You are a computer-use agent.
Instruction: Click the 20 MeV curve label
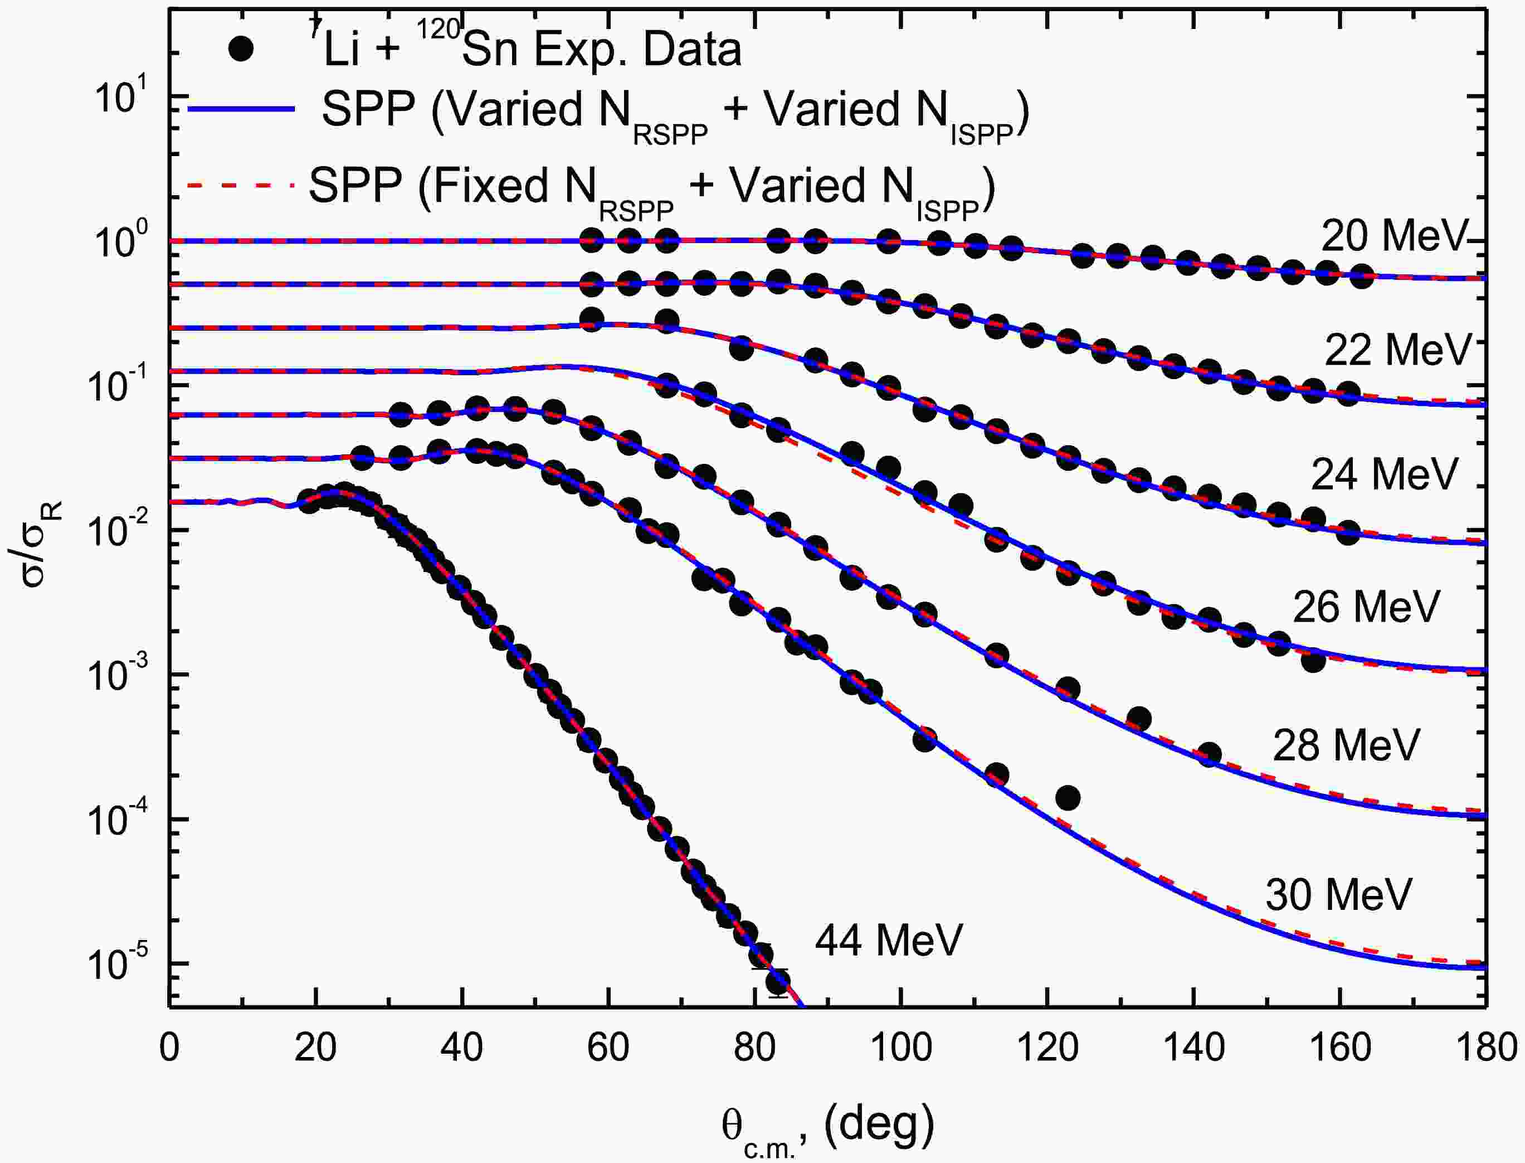[1393, 238]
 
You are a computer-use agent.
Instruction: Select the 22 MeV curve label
[1397, 351]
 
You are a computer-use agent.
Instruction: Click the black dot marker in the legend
[241, 50]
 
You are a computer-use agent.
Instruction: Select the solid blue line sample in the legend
[241, 109]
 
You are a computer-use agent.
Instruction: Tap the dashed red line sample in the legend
[241, 186]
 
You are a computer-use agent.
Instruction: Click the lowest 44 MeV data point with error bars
[778, 982]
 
